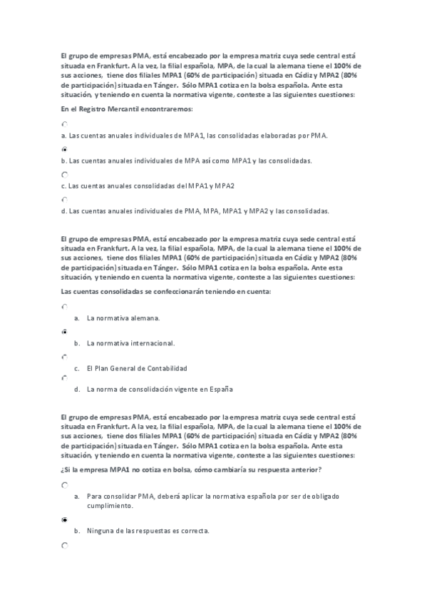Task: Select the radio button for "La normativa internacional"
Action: [x=65, y=332]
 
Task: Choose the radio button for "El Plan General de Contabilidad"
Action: [x=65, y=356]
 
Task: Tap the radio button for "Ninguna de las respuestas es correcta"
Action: [x=65, y=520]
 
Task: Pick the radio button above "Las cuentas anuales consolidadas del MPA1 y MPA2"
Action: [x=65, y=174]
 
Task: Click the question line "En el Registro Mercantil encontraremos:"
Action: [x=127, y=108]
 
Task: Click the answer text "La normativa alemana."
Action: [x=123, y=318]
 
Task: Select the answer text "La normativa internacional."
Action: [x=130, y=343]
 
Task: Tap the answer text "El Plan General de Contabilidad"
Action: [x=136, y=368]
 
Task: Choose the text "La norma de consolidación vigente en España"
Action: [x=160, y=390]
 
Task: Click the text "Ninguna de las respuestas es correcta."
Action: [x=148, y=531]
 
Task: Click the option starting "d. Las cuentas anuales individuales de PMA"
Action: [x=195, y=211]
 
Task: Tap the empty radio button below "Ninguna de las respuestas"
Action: [x=65, y=545]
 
